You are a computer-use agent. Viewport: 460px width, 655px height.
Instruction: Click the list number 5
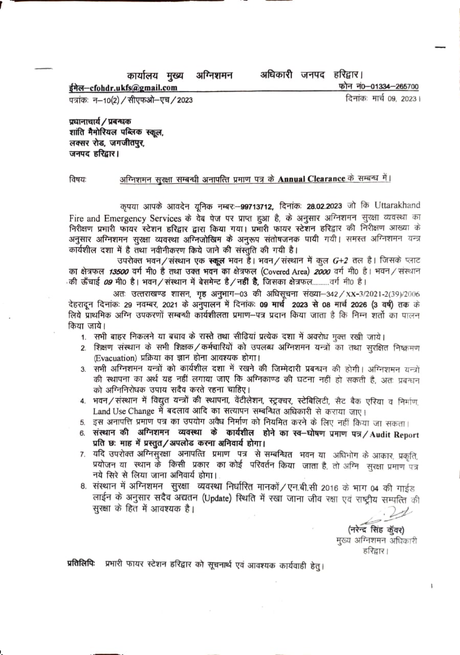click(82, 423)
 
